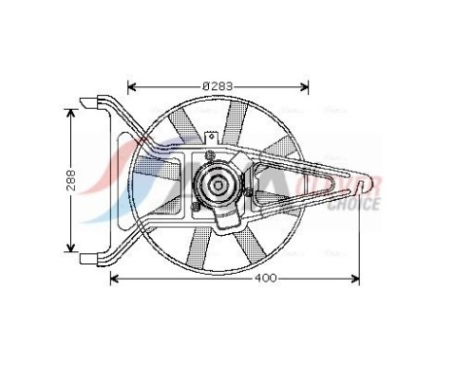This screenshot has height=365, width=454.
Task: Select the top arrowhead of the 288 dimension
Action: [x=69, y=111]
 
